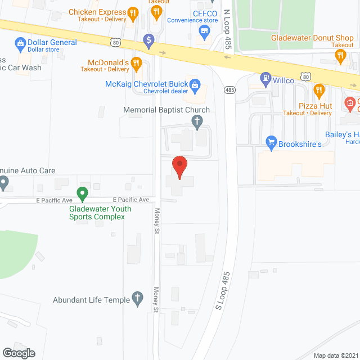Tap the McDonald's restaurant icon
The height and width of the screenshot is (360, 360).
[x=136, y=65]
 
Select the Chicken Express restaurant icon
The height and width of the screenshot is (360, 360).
[x=132, y=12]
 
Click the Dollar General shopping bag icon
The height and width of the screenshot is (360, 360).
[x=20, y=43]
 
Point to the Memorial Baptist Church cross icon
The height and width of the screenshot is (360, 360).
[x=197, y=120]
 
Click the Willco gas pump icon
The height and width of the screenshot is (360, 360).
[x=265, y=80]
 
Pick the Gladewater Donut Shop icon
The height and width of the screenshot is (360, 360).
[x=340, y=55]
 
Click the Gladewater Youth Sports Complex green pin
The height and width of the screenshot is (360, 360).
[x=83, y=195]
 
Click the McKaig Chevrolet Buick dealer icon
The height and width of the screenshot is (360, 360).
[x=195, y=85]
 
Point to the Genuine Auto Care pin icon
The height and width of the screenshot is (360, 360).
[x=3, y=182]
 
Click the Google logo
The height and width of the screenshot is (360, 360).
[x=18, y=353]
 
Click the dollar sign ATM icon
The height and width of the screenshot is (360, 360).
[x=148, y=40]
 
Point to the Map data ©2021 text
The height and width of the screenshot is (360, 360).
[x=335, y=355]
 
